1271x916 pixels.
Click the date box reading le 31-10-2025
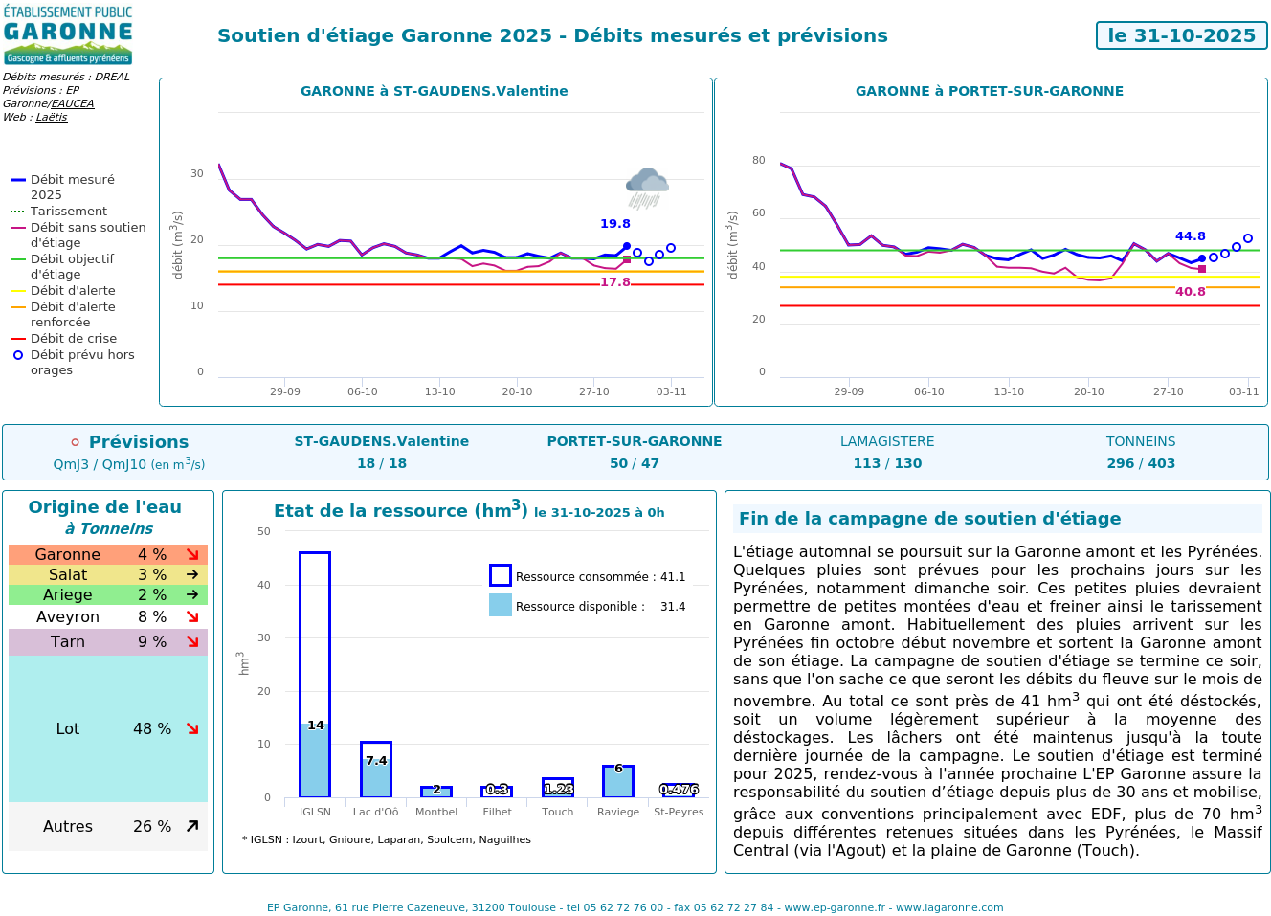pos(1181,35)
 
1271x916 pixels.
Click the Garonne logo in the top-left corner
pos(67,35)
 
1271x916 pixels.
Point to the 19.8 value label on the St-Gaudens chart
pos(614,224)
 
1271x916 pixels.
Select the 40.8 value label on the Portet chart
pos(1190,292)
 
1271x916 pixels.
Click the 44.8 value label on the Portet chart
pos(1190,236)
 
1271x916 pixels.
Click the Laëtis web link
pos(52,117)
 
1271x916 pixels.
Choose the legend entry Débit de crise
pos(74,339)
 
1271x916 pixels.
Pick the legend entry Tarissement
pos(69,212)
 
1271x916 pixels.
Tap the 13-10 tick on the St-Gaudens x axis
pos(439,391)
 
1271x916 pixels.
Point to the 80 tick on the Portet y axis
pos(759,160)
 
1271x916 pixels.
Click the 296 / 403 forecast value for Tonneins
pos(1141,463)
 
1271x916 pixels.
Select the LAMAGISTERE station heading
pos(887,441)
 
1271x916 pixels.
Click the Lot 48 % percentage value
pos(152,729)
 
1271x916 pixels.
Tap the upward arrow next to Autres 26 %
pos(192,826)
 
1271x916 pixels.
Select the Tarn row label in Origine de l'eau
pos(68,642)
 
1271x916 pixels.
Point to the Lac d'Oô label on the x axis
pos(375,812)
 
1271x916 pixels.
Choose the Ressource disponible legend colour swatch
pos(501,605)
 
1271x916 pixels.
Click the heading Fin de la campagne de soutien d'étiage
pos(929,519)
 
